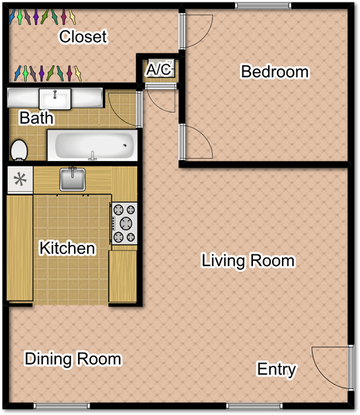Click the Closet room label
point(83,37)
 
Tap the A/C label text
point(158,70)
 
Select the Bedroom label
point(274,71)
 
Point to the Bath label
point(36,118)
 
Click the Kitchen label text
point(67,248)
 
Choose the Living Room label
point(248,261)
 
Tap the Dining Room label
point(73,359)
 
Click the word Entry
point(276,369)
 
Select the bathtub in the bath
point(91,145)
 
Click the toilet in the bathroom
point(19,149)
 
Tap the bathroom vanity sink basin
point(54,98)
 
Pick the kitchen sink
point(71,180)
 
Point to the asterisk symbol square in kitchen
point(20,180)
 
